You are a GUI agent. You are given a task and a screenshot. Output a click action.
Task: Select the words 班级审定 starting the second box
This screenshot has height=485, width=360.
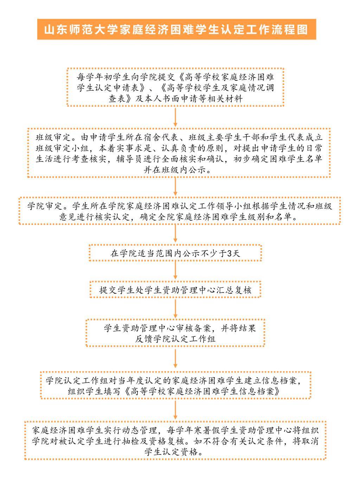click(53, 137)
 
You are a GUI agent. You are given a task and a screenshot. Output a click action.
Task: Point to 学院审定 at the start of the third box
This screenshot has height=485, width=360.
click(45, 206)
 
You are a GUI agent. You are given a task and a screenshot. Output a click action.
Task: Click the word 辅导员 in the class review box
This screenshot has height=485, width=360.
click(130, 159)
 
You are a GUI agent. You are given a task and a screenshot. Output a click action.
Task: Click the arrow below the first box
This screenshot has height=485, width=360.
click(175, 117)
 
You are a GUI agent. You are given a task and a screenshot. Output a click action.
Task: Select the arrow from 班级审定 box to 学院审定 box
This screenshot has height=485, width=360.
click(175, 186)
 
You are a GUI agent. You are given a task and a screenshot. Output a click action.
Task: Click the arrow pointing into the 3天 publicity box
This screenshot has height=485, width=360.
click(175, 233)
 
